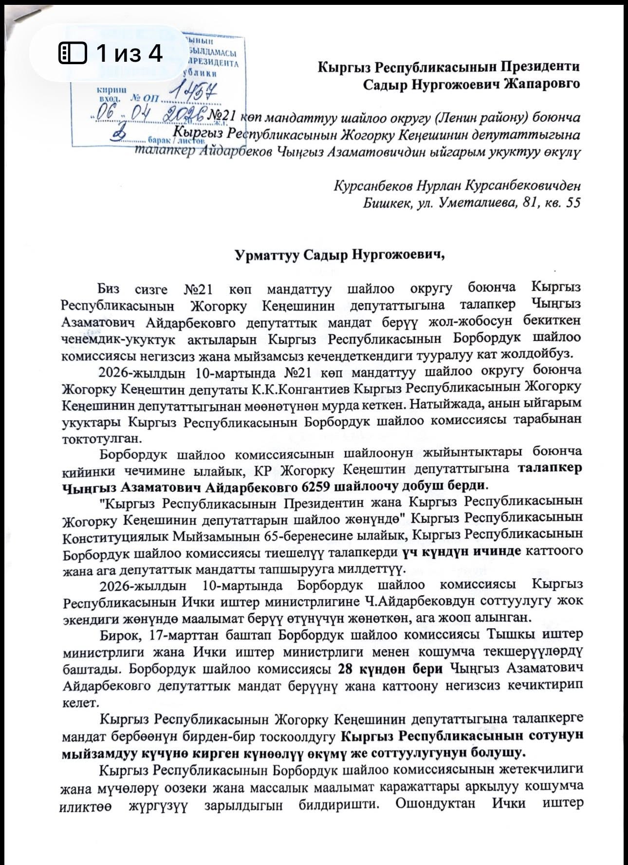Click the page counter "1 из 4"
129,53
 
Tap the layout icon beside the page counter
73,53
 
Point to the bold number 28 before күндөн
347,669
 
